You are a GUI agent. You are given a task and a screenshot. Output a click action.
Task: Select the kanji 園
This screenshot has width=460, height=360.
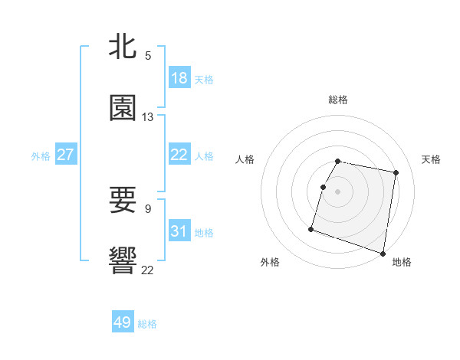123,109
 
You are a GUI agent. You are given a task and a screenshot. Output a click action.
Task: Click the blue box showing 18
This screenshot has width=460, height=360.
179,78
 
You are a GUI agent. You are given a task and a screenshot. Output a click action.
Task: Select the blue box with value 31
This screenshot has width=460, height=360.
179,231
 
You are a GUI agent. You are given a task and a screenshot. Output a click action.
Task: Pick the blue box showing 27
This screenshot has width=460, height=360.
66,155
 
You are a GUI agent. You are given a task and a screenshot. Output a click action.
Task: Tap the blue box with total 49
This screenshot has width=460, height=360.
123,322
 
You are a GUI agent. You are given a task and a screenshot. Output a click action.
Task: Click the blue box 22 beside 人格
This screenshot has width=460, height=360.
179,155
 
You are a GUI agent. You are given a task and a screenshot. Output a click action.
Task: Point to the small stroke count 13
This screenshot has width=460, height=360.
148,117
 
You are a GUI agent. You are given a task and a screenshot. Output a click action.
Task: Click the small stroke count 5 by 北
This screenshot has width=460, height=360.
148,56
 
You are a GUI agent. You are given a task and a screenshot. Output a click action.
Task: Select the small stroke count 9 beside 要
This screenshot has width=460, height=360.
148,208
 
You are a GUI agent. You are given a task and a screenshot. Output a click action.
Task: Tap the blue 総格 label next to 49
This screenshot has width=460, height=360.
147,324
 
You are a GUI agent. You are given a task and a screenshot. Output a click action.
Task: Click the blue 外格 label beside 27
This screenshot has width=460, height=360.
41,156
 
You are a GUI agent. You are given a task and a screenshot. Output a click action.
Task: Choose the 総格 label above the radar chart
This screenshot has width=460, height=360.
338,100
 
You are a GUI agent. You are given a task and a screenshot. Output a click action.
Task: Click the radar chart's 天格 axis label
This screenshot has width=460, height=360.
432,159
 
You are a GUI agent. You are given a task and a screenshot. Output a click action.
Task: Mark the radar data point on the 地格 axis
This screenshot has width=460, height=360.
383,253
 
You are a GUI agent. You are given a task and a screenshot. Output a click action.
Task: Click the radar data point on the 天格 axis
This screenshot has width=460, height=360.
396,173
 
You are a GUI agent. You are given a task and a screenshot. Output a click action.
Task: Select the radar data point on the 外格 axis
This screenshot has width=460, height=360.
311,228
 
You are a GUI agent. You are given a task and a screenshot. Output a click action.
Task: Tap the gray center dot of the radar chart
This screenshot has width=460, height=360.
338,191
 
